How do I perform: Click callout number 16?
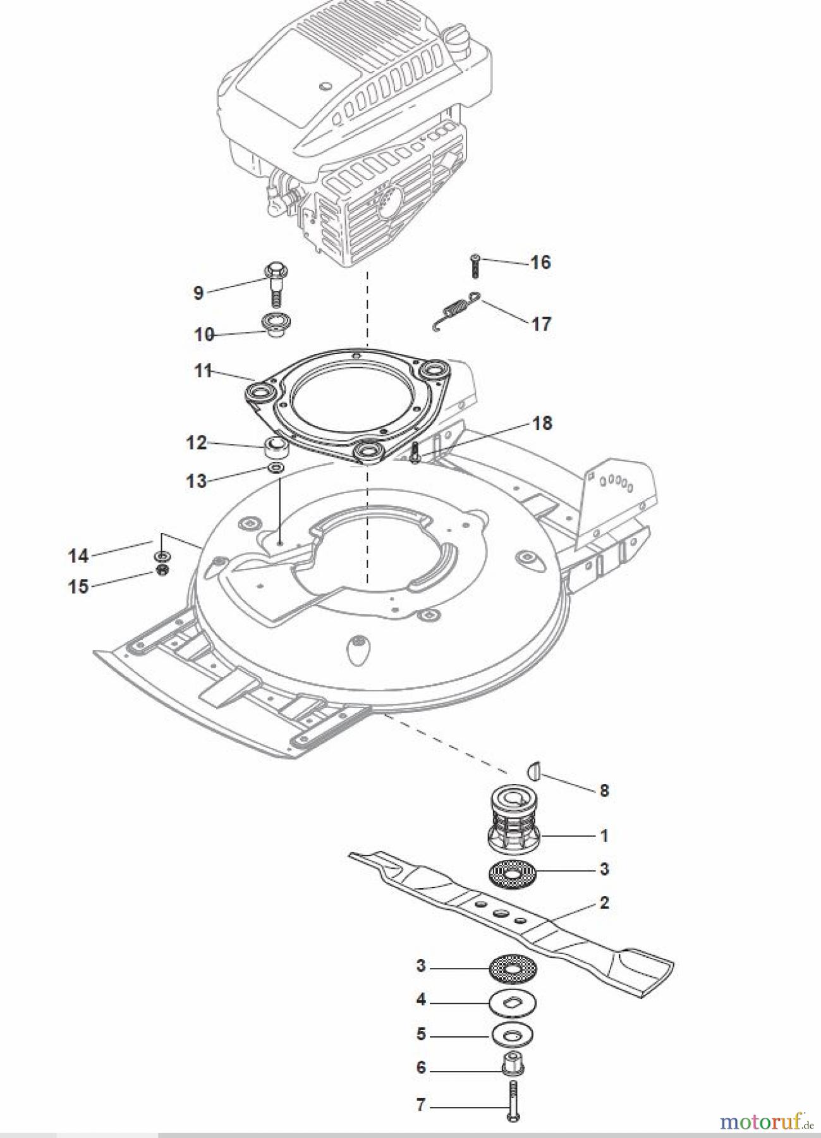pos(540,262)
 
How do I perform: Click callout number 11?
pos(203,370)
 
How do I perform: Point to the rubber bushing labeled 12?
pos(276,448)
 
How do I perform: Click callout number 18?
pos(542,423)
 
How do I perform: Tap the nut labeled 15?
pos(161,570)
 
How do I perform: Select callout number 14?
pos(78,556)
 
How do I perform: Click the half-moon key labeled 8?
pos(535,771)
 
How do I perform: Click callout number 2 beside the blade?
pos(604,903)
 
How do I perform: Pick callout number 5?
pos(421,1034)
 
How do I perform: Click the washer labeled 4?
pos(512,1001)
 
